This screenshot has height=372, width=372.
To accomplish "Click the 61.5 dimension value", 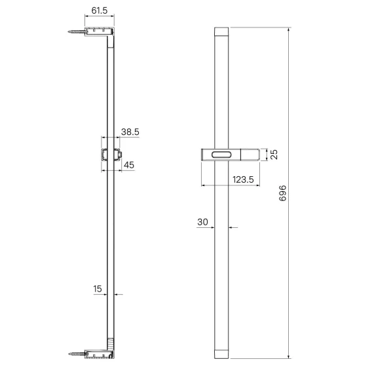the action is [100, 10].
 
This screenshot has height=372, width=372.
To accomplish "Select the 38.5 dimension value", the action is [130, 132].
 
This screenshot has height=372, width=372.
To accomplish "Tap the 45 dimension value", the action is [129, 165].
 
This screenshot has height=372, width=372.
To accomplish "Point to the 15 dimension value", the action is [98, 289].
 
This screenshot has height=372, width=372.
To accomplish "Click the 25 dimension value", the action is [274, 155].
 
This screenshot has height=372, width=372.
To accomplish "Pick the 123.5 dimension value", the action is [243, 179].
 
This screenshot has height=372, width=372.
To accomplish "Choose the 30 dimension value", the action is [202, 222].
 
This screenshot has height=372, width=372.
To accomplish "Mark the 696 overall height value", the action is [282, 193].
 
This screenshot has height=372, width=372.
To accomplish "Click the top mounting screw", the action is [76, 31].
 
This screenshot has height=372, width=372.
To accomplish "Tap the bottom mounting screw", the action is [77, 354].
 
